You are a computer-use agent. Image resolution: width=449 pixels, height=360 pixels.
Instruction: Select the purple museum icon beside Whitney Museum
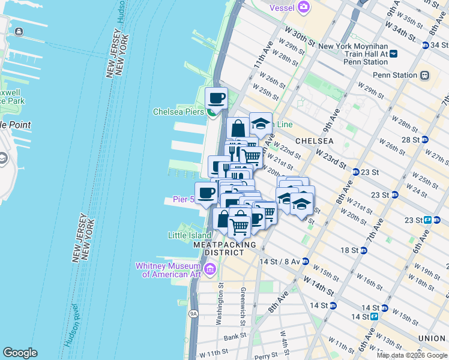(x=209, y=269)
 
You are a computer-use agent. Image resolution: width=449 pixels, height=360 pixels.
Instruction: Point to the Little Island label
(x=190, y=236)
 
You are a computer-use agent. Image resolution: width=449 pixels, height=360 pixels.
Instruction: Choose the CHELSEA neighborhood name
(x=314, y=140)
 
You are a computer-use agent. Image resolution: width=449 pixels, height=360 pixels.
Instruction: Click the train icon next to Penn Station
(x=424, y=75)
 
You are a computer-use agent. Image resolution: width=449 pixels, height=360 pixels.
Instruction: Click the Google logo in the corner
(x=20, y=353)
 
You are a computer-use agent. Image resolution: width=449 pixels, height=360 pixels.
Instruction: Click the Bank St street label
(x=232, y=338)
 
